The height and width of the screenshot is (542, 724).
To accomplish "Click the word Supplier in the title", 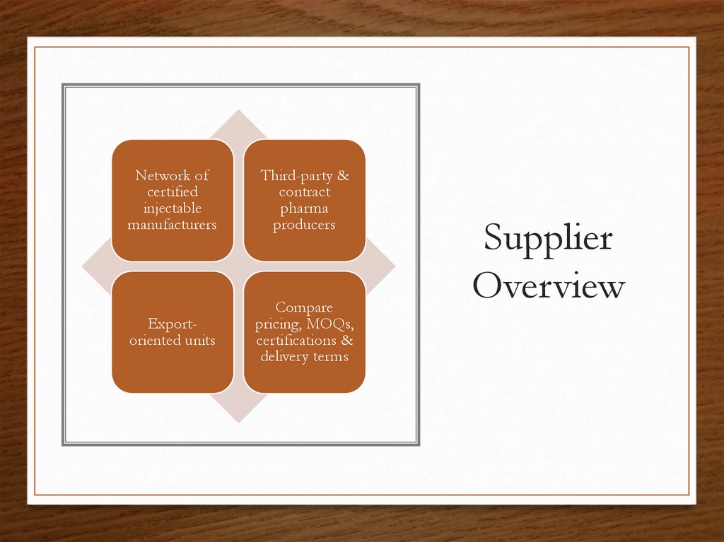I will [548, 240].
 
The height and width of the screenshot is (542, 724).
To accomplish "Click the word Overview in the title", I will [549, 287].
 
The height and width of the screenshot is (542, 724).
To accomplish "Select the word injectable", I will [173, 208].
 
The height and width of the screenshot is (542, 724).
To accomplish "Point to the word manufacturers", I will [173, 225].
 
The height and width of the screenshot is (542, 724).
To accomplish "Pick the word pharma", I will [304, 208].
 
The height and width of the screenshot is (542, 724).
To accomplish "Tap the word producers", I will [304, 225].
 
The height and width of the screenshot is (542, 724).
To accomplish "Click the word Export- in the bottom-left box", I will [173, 324].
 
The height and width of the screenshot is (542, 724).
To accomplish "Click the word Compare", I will [304, 307].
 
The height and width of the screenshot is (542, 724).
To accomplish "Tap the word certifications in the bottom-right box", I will [296, 341].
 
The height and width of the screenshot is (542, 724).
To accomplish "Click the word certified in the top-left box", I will [173, 192].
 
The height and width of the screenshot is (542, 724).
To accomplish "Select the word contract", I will [304, 192].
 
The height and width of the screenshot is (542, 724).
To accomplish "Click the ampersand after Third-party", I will [344, 175].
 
